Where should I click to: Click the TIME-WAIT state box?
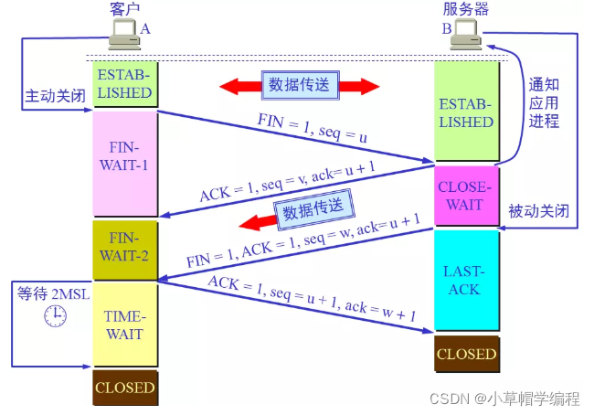pos(124,325)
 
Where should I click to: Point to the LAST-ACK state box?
pos(466,280)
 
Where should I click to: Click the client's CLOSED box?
pos(124,387)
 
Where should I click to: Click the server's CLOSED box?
pos(466,354)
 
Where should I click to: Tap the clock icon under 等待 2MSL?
pos(55,315)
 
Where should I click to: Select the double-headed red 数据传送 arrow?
pos(299,86)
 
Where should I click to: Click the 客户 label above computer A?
pos(126,9)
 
